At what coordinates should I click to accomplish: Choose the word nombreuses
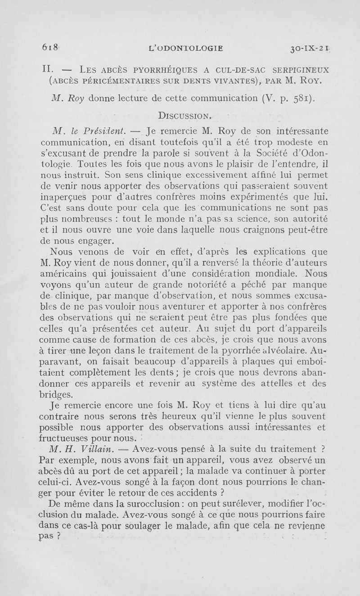coord(79,220)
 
